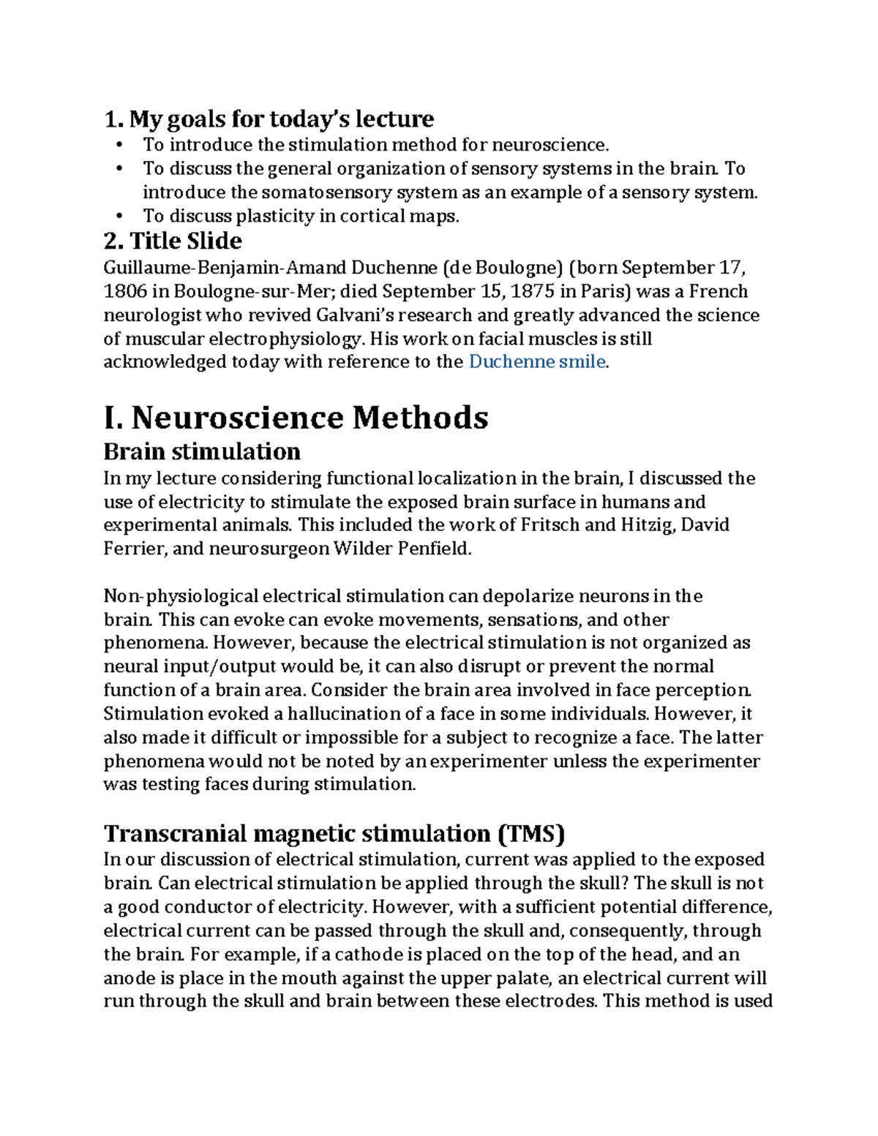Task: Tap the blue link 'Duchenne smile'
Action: [537, 362]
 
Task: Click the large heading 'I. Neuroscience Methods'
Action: [296, 418]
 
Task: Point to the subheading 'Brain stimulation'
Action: [202, 451]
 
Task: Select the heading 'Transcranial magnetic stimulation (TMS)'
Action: [334, 833]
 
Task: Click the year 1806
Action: [125, 292]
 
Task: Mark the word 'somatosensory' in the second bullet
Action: [322, 192]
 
